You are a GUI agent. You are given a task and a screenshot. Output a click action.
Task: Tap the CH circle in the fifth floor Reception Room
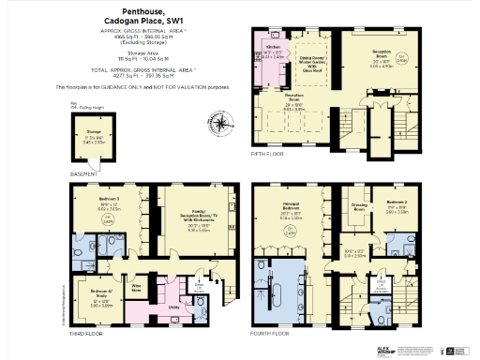(403, 57)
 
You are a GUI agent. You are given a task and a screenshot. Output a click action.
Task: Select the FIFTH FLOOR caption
(266, 152)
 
